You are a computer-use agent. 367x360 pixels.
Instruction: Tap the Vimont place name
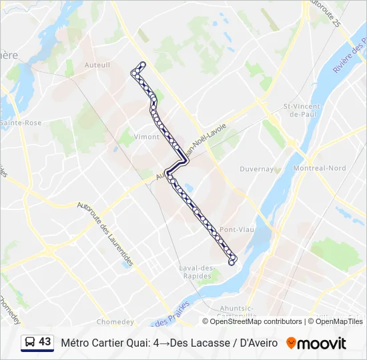[147, 137]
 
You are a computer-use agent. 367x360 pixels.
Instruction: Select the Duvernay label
[257, 169]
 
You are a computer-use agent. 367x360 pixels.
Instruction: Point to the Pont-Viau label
[238, 229]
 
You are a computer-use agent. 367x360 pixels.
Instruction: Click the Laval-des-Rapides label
[197, 272]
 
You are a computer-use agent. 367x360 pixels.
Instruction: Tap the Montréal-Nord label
[320, 168]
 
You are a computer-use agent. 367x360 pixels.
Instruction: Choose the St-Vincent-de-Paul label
[303, 110]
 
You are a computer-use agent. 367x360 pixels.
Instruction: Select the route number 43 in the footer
[45, 342]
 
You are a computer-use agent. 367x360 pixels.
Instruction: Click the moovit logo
[316, 343]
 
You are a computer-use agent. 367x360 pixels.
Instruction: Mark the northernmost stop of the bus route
[141, 64]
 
